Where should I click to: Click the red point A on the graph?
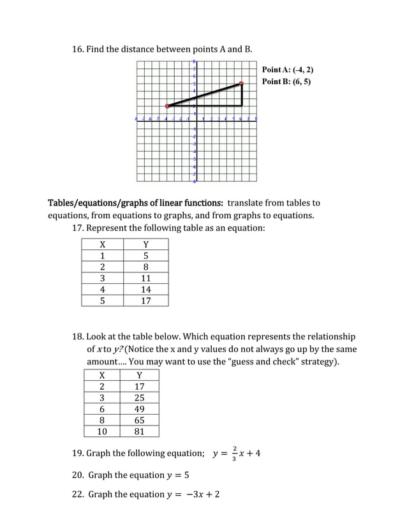pos(167,106)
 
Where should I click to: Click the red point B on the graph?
pos(242,83)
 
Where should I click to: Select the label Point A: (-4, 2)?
pos(288,70)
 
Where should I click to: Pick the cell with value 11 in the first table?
pos(145,278)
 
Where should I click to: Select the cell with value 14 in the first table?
pos(145,290)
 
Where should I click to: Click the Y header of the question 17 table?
pos(145,244)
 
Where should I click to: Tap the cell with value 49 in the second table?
pos(140,409)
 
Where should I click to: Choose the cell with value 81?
pos(140,431)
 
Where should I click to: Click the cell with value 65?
pos(140,420)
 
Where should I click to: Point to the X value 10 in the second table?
pos(102,431)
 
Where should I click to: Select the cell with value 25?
pos(140,397)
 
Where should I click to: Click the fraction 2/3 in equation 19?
pos(235,453)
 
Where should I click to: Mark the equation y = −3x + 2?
pos(192,494)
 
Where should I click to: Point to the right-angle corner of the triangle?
pos(242,106)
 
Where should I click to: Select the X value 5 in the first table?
pos(102,301)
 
